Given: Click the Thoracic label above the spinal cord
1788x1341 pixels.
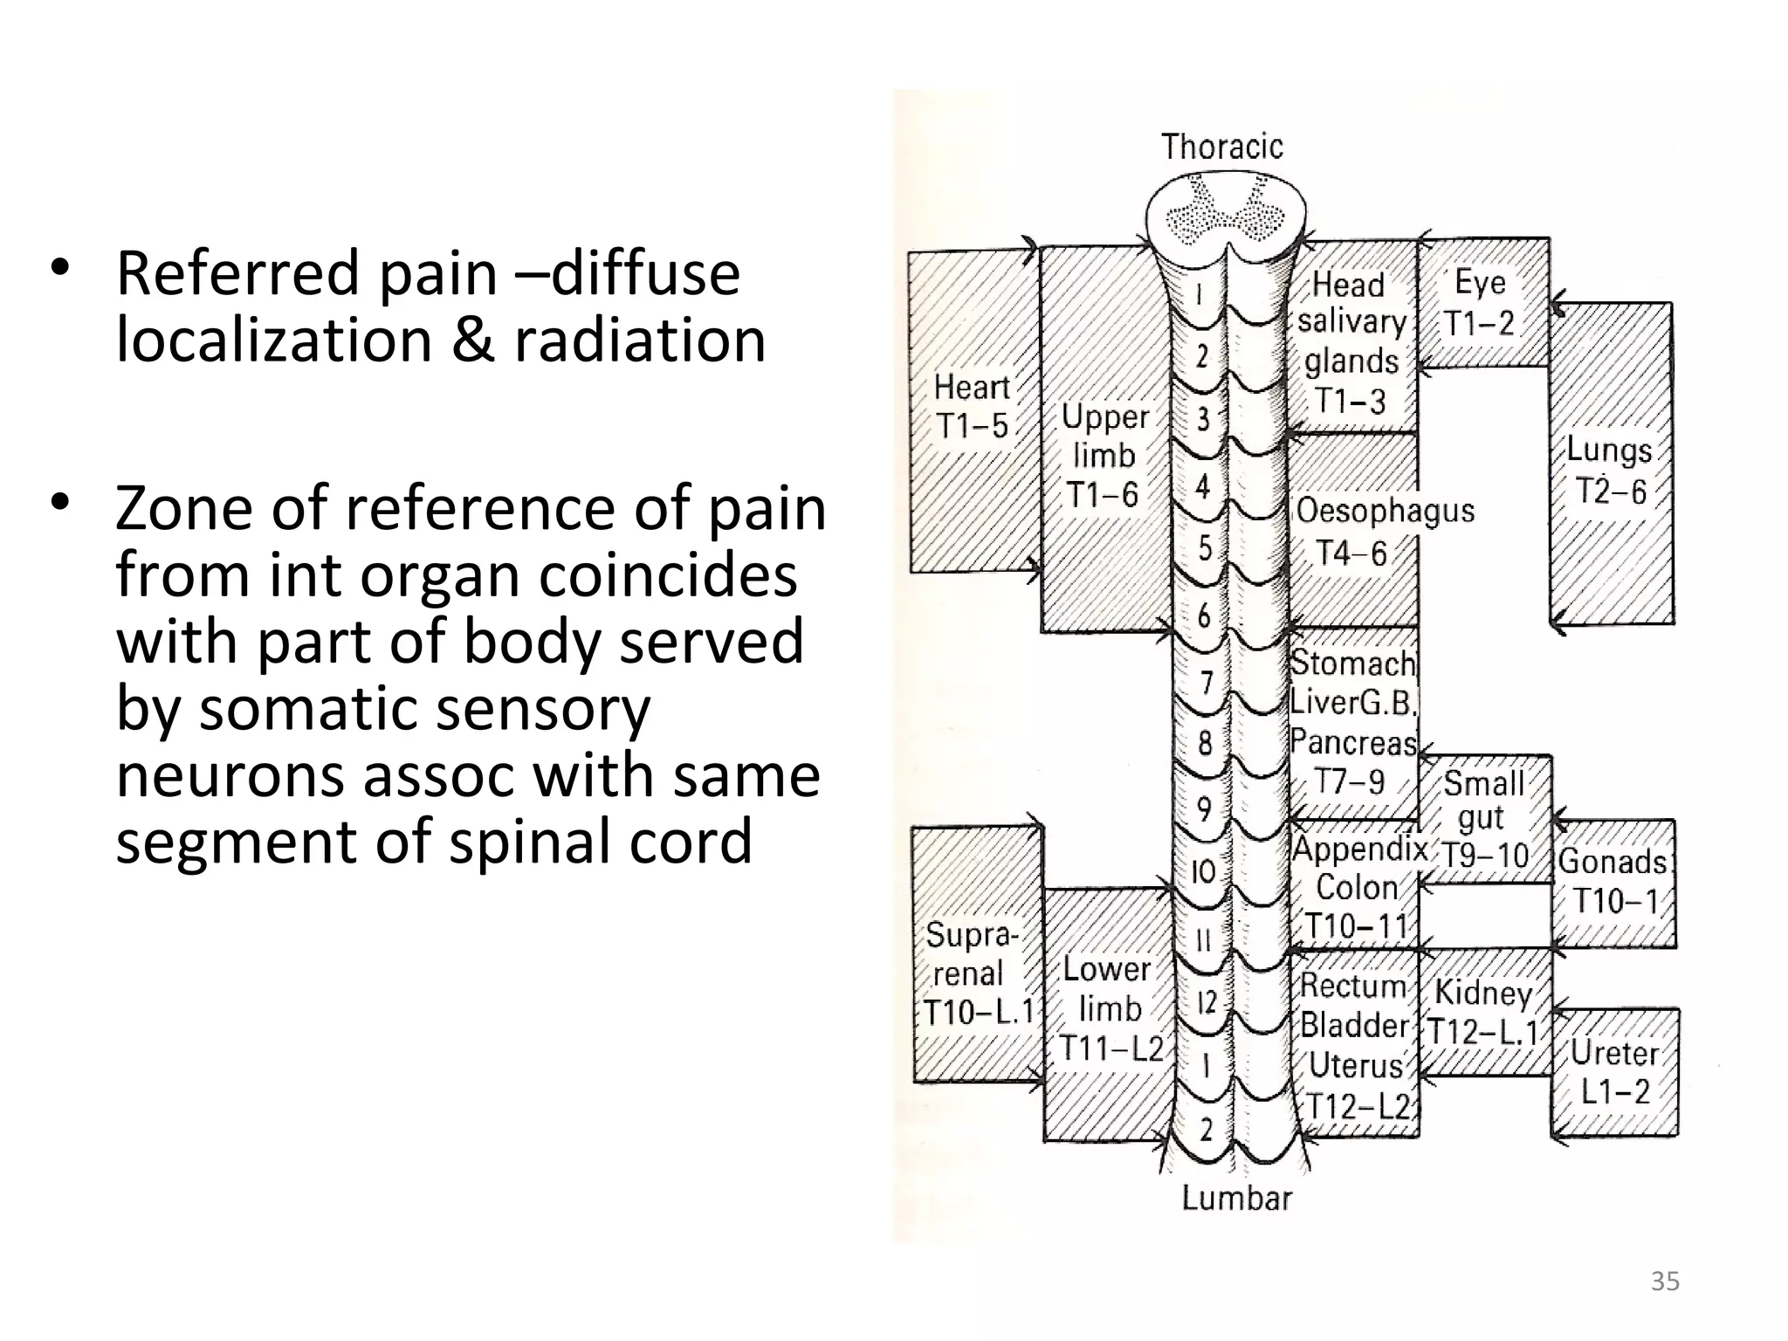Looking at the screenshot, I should click(x=1221, y=147).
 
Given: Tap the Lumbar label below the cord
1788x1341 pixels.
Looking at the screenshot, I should click(x=1236, y=1198).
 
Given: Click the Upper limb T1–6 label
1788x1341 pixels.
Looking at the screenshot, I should click(x=1104, y=456).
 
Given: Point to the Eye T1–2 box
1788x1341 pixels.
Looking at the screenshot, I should click(x=1481, y=303).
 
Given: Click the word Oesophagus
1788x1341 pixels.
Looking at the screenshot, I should click(x=1385, y=511).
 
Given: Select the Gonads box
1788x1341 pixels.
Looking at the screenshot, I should click(x=1613, y=881).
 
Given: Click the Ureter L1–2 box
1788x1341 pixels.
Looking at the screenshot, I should click(x=1615, y=1072).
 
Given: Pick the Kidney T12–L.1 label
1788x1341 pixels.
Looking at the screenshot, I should click(x=1482, y=1013).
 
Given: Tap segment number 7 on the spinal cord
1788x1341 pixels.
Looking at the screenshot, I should click(x=1207, y=682).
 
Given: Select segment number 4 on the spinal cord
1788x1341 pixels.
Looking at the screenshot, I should click(x=1203, y=486).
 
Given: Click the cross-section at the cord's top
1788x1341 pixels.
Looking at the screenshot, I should click(x=1226, y=213).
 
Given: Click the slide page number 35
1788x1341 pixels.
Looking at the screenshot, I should click(x=1664, y=1282).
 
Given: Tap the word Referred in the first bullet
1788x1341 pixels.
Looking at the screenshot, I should click(x=237, y=273).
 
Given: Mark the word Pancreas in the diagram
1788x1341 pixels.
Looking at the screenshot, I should click(x=1353, y=743).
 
